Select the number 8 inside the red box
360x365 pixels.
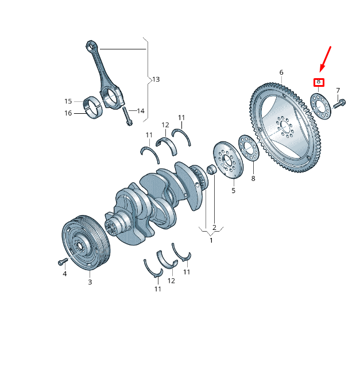pyautogui.click(x=319, y=82)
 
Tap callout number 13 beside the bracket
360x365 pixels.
pyautogui.click(x=156, y=78)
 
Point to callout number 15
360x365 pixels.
pyautogui.click(x=68, y=101)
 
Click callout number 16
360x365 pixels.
pyautogui.click(x=68, y=113)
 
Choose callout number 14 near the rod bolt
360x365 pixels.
pyautogui.click(x=141, y=110)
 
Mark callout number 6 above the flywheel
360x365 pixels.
pyautogui.click(x=281, y=72)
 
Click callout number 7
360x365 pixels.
pyautogui.click(x=338, y=90)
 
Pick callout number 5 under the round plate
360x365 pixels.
pyautogui.click(x=234, y=190)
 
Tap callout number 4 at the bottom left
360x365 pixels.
pyautogui.click(x=64, y=274)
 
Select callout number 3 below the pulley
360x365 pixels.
pyautogui.click(x=90, y=282)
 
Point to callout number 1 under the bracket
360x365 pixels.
pyautogui.click(x=211, y=240)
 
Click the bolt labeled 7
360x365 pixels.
pyautogui.click(x=338, y=105)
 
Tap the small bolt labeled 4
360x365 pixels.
pyautogui.click(x=63, y=262)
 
